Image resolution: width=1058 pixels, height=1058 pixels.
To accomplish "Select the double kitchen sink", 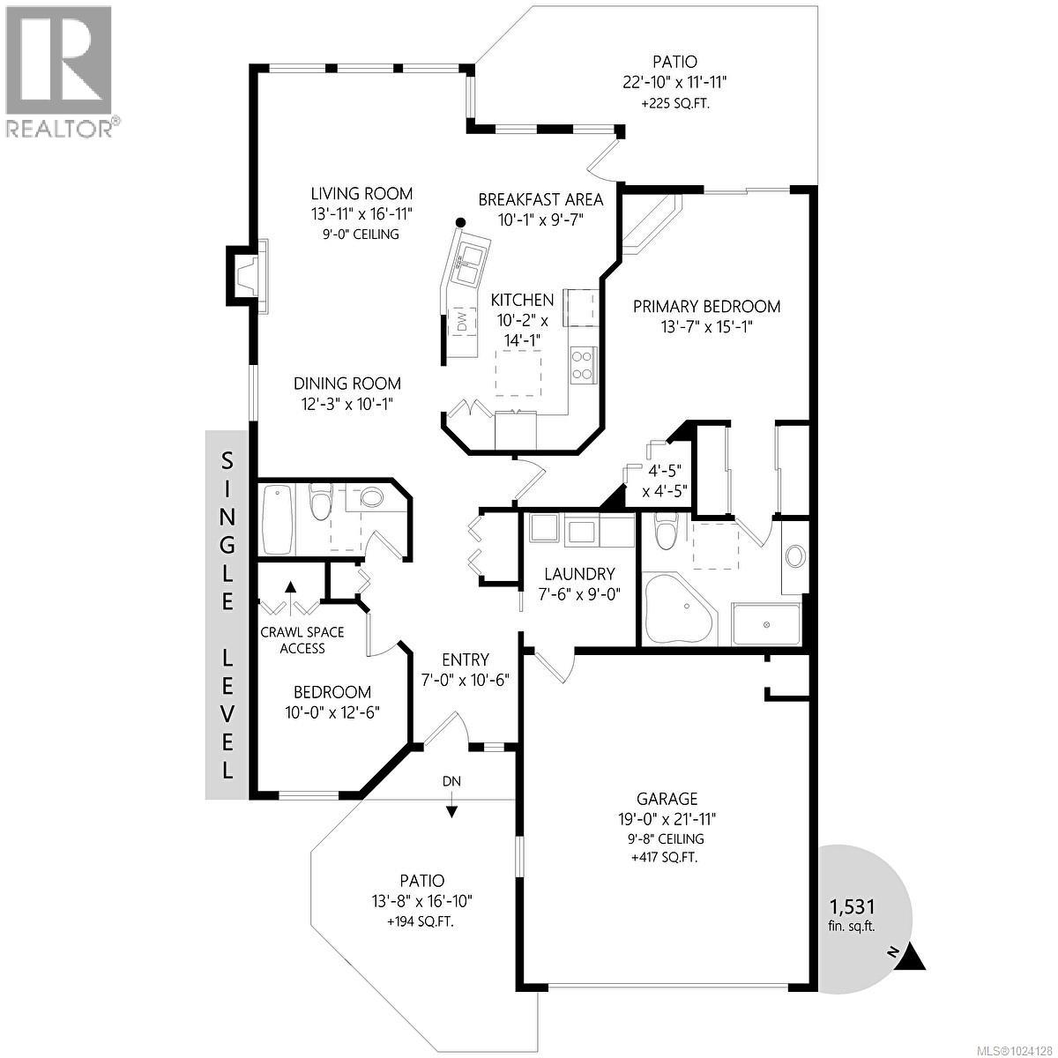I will (471, 260).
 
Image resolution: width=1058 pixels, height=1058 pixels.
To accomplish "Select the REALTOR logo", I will (60, 71).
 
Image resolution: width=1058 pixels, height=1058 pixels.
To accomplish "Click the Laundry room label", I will (578, 573).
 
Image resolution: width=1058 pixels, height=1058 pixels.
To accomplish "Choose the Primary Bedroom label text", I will (706, 307).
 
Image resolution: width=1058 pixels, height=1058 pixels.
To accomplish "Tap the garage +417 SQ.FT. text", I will (667, 857).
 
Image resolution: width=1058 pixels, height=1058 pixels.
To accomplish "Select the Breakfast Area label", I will (540, 200).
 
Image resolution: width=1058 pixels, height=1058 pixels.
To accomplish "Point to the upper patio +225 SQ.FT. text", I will (674, 103).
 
